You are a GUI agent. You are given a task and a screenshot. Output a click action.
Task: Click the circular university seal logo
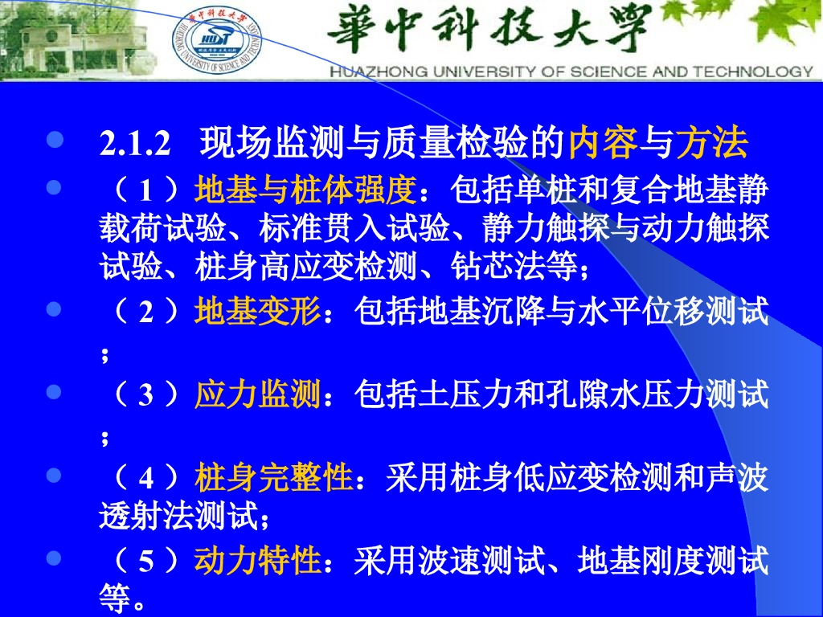(217, 40)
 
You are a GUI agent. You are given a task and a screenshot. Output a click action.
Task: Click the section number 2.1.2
(135, 142)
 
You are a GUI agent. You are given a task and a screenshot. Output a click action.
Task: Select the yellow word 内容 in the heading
(603, 141)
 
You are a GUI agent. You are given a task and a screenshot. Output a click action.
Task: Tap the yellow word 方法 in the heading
(711, 141)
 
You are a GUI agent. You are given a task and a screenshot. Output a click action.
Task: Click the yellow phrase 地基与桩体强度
(305, 190)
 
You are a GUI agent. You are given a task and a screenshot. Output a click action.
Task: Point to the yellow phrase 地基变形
(257, 311)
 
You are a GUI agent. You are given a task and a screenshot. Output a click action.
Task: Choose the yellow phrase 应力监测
(257, 394)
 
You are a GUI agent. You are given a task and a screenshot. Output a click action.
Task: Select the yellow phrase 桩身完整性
(273, 477)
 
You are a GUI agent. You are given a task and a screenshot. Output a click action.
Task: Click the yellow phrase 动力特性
(257, 560)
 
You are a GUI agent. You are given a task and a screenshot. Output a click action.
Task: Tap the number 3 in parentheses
(146, 395)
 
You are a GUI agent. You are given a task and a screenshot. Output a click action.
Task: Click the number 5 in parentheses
(146, 562)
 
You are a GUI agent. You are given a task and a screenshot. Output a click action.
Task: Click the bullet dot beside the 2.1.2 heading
(55, 140)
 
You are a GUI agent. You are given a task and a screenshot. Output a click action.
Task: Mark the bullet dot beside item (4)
(54, 476)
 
